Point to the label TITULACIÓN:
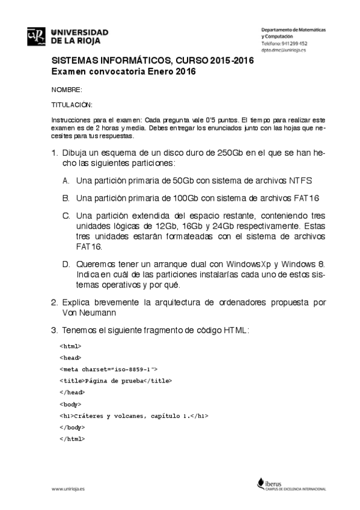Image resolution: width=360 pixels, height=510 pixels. coord(67,104)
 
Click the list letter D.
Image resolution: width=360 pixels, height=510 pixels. coord(66,263)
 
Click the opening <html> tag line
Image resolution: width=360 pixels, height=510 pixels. coord(70,346)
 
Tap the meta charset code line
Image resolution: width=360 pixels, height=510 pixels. coord(108,369)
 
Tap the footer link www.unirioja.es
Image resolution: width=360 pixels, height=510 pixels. coord(68,489)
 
